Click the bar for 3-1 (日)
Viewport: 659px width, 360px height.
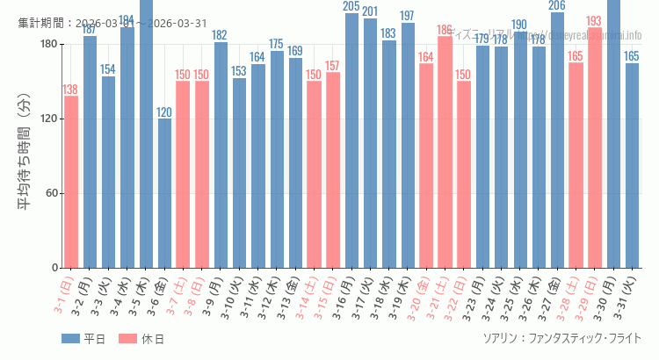tap(71, 182)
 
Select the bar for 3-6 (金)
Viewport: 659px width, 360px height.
tap(164, 193)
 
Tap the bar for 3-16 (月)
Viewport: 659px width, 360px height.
tap(351, 140)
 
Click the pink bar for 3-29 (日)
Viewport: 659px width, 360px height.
tap(595, 148)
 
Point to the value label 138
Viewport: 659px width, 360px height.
tap(70, 90)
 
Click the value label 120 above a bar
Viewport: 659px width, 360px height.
tap(164, 112)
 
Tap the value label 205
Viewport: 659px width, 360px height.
tap(351, 7)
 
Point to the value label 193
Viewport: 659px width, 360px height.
tap(595, 21)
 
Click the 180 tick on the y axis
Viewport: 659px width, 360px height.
tap(48, 45)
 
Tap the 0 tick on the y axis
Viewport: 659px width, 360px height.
tap(54, 268)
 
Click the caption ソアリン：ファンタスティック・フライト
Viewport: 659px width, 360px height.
tap(561, 338)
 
